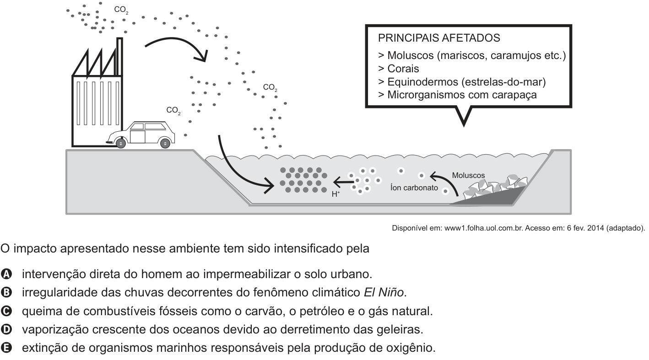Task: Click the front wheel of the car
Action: point(120,143)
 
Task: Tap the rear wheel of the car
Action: point(165,143)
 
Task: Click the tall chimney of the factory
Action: point(119,57)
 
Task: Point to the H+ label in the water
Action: point(336,194)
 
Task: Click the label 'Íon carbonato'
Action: point(414,188)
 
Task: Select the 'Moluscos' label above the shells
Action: point(468,175)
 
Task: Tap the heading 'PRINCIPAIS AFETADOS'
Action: point(439,38)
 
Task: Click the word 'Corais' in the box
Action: point(403,69)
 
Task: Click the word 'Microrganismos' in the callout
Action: point(426,95)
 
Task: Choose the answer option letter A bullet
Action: point(6,274)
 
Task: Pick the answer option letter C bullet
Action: point(6,311)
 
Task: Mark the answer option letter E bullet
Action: point(6,348)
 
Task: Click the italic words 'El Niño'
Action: point(384,292)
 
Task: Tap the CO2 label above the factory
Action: point(121,10)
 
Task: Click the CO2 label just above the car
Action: point(173,111)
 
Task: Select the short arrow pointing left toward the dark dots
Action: point(343,182)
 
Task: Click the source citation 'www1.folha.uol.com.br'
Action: point(484,228)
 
